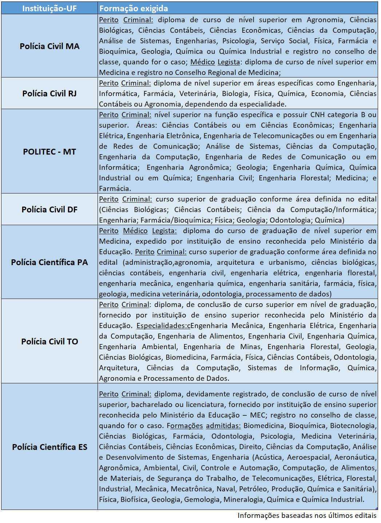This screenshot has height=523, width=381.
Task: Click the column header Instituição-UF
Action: (49, 8)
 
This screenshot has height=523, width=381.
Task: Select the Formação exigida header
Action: (134, 8)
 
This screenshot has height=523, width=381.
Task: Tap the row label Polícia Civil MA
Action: (49, 46)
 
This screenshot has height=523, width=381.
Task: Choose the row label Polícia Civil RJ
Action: (49, 93)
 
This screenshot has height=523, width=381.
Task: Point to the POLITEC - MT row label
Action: (49, 152)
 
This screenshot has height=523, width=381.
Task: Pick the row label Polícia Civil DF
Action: (49, 209)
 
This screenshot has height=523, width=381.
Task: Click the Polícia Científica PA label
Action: (49, 262)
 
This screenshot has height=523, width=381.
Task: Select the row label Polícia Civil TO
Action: (49, 342)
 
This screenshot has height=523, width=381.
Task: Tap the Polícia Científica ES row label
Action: (49, 447)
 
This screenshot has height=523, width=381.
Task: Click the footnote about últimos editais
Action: (307, 515)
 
